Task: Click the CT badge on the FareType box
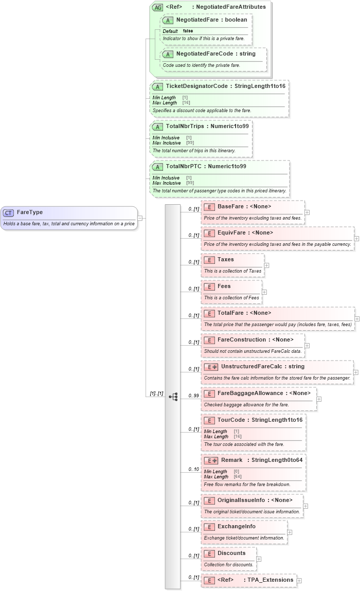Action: click(9, 212)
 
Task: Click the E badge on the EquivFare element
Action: click(209, 233)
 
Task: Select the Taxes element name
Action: click(225, 260)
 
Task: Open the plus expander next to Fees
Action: click(264, 292)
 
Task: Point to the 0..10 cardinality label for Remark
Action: click(193, 469)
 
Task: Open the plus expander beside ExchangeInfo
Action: click(290, 532)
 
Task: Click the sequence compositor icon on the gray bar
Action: click(173, 382)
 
